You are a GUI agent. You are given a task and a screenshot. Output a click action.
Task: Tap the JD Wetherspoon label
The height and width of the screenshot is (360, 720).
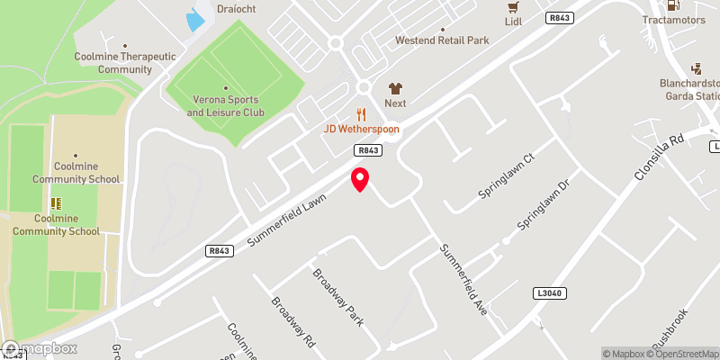(362, 130)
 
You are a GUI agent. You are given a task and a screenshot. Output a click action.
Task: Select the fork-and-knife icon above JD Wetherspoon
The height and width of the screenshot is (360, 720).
(362, 114)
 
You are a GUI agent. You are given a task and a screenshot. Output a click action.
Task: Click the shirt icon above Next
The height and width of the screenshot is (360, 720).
(395, 88)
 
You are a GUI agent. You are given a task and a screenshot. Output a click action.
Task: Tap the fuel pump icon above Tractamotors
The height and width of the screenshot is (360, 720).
(673, 4)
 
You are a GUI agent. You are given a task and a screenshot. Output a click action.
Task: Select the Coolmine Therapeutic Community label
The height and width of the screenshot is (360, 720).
(126, 62)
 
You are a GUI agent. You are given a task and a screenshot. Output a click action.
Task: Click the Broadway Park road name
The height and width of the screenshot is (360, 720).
(337, 296)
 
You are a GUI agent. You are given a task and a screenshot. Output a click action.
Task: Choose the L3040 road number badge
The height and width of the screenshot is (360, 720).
(549, 293)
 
